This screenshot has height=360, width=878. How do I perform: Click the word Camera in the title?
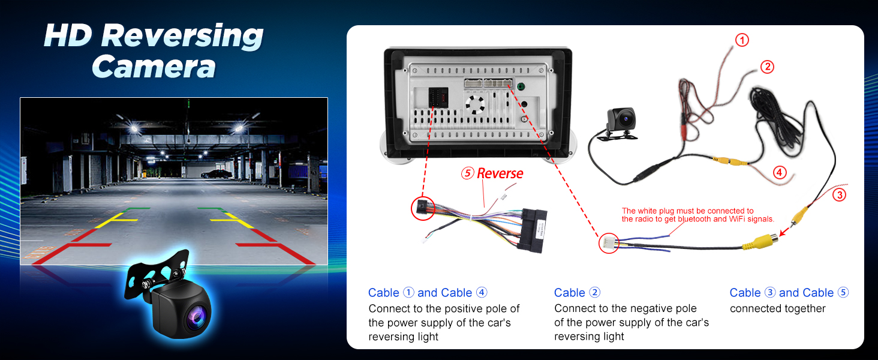pos(154,67)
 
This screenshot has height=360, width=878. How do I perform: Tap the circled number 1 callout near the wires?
pos(742,40)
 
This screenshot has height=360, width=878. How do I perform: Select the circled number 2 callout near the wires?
pos(767,67)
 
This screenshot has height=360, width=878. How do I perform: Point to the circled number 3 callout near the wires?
pos(839,195)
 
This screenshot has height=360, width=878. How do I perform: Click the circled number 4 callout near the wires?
pos(780,172)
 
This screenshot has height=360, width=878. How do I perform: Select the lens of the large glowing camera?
pos(197,316)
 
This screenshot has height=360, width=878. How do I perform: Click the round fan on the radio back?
pos(475,105)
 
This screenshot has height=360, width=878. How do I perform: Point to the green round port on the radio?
pos(521,86)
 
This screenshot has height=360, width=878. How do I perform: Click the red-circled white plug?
pos(609,243)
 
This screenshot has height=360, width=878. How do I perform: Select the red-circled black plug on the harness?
pos(423,208)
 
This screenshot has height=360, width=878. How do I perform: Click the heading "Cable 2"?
pos(577,293)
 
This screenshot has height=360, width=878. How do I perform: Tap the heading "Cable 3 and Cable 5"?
pos(789,293)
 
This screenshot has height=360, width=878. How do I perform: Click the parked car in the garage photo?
pos(216,174)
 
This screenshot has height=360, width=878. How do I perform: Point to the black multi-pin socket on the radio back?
pos(438,97)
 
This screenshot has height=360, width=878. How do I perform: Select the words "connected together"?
pos(778,308)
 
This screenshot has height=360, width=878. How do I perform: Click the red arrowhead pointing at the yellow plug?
pos(783,233)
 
